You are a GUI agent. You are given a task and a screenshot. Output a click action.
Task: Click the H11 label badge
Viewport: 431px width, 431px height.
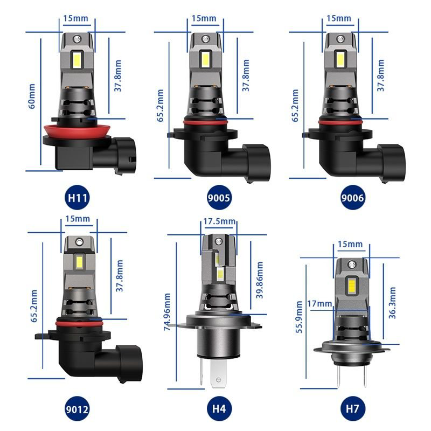coord(77,197)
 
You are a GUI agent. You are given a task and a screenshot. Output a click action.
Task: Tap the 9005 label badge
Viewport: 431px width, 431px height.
coord(219,197)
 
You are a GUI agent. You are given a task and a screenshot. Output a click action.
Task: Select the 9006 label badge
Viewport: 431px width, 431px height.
coord(353,197)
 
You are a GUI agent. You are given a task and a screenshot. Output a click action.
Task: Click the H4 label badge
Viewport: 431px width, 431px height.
coord(219,408)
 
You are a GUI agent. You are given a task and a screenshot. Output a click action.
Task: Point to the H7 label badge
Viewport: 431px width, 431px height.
coord(353,408)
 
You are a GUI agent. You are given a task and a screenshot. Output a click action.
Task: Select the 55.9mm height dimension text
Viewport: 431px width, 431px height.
coord(299,325)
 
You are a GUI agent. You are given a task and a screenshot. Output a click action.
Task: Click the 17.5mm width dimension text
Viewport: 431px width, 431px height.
coord(219,221)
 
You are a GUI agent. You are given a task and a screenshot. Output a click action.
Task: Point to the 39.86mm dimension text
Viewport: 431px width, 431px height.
coord(260,280)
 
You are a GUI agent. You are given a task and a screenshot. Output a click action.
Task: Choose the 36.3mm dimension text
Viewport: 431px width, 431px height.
coord(392,303)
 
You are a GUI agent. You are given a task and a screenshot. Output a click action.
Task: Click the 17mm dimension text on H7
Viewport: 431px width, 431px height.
coord(322,304)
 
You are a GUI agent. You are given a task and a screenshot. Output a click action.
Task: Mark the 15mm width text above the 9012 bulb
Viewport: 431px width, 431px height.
coord(77,220)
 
